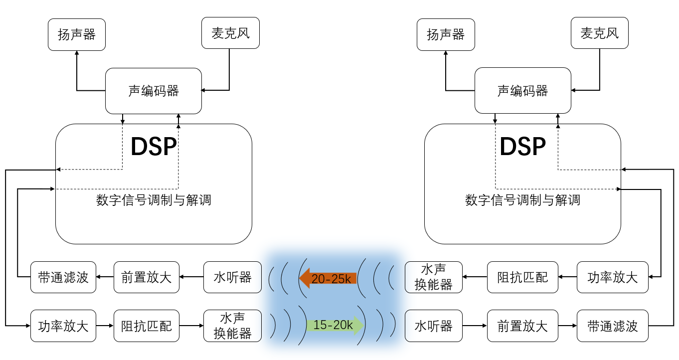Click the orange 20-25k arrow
pyautogui.click(x=329, y=278)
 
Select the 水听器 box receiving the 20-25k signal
pyautogui.click(x=232, y=277)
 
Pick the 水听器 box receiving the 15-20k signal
pyautogui.click(x=434, y=326)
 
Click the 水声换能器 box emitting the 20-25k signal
pyautogui.click(x=434, y=277)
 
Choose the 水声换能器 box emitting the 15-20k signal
pyautogui.click(x=232, y=326)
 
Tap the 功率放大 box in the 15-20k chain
pyautogui.click(x=63, y=326)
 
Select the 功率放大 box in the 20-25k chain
pyautogui.click(x=613, y=277)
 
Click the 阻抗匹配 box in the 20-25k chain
pyautogui.click(x=523, y=277)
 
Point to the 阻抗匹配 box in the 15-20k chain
pyautogui.click(x=147, y=326)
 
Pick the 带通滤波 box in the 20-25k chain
pyautogui.click(x=63, y=277)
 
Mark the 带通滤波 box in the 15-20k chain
pyautogui.click(x=613, y=326)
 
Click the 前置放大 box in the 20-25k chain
pyautogui.click(x=147, y=277)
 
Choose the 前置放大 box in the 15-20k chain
pyautogui.click(x=523, y=326)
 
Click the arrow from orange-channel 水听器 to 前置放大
pyautogui.click(x=191, y=277)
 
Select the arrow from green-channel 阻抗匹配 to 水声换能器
pyautogui.click(x=191, y=326)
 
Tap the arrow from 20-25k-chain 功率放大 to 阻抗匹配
pyautogui.click(x=568, y=277)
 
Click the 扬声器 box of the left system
pyautogui.click(x=77, y=34)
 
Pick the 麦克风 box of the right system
pyautogui.click(x=600, y=33)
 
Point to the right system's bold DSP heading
pyautogui.click(x=522, y=147)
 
